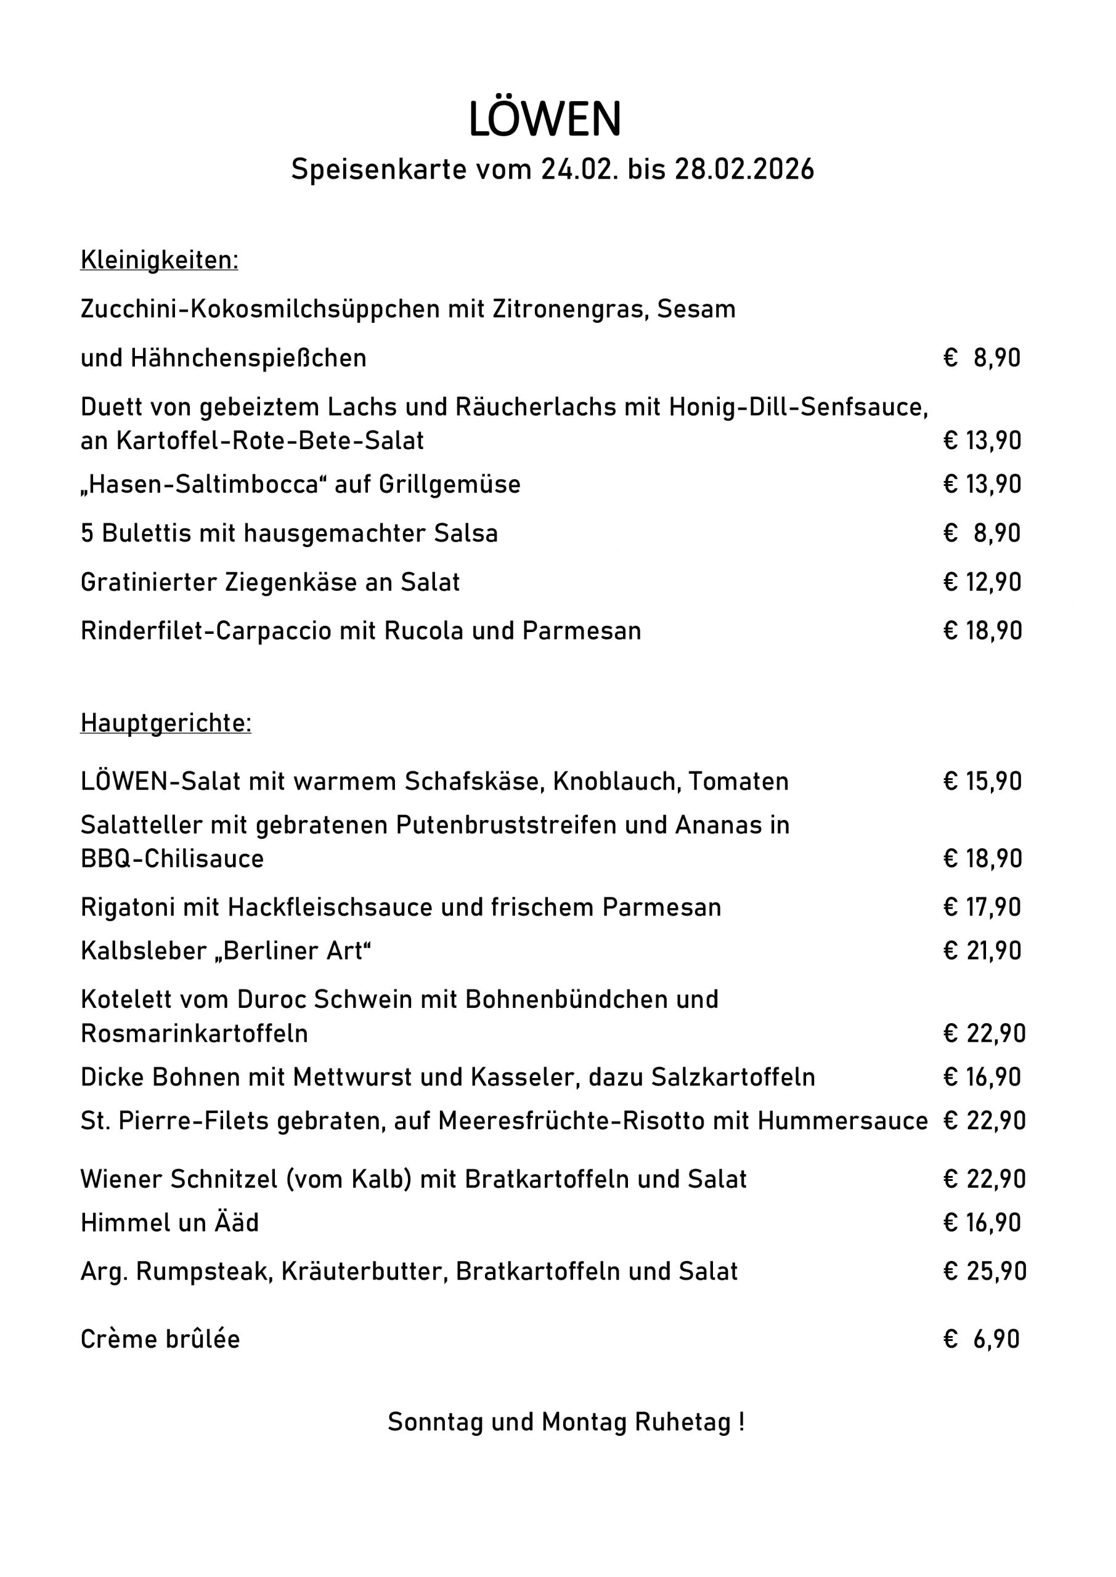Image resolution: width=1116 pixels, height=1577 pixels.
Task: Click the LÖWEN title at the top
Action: click(x=544, y=120)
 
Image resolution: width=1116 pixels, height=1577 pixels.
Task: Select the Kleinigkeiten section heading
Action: click(x=160, y=261)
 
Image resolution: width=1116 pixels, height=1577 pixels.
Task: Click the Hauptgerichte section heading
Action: click(x=166, y=723)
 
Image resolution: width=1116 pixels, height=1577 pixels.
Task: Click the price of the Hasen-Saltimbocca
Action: click(x=983, y=484)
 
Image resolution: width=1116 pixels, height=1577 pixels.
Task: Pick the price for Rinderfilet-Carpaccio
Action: click(x=983, y=631)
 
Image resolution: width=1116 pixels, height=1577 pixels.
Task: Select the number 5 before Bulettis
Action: click(x=87, y=533)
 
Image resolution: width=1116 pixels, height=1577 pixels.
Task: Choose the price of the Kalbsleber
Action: click(x=983, y=951)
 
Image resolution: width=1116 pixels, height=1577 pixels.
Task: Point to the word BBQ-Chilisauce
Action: click(x=172, y=859)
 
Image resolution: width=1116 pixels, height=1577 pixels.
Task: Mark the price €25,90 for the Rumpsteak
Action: click(x=985, y=1271)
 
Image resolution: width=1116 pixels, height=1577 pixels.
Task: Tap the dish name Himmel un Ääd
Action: click(x=169, y=1223)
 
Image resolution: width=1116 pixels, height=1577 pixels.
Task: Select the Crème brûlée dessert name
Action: click(x=160, y=1339)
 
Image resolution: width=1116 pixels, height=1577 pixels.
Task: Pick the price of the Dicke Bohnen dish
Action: click(x=983, y=1077)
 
